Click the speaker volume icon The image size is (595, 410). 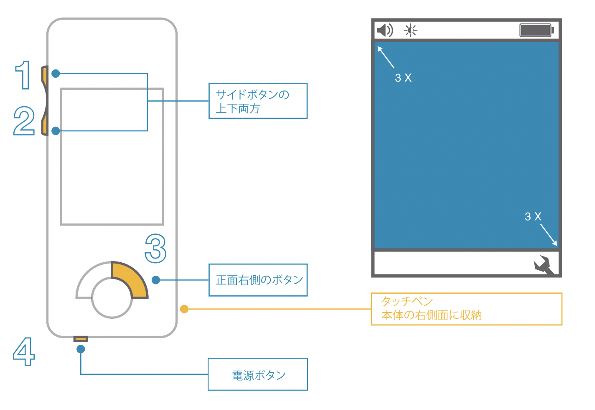click(384, 30)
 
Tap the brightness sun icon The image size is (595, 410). click(410, 30)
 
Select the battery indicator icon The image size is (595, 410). click(537, 30)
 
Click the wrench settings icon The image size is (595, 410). click(544, 265)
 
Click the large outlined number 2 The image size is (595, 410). click(24, 120)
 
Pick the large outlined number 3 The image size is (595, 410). click(155, 248)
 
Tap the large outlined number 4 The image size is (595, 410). click(23, 351)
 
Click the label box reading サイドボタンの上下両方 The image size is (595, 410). click(258, 101)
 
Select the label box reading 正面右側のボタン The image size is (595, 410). click(258, 280)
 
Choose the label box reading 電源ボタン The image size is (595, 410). click(258, 374)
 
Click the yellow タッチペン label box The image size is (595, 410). click(466, 309)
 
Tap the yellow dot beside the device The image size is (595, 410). click(184, 309)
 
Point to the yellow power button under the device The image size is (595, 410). click(81, 338)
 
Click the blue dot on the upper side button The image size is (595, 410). click(56, 74)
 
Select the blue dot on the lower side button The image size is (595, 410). click(56, 131)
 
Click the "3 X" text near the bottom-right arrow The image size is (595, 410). click(533, 216)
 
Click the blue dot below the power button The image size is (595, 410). click(81, 349)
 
